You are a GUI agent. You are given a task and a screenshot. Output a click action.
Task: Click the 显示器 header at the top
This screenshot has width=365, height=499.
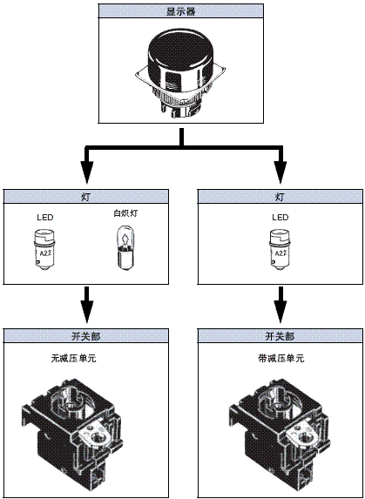pos(182,12)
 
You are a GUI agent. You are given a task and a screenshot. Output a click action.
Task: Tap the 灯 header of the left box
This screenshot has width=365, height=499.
pos(84,196)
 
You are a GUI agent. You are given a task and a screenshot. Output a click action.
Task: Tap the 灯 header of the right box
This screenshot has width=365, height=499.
pos(280,196)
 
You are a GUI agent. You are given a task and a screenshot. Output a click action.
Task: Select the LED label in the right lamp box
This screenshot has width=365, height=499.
pos(280,218)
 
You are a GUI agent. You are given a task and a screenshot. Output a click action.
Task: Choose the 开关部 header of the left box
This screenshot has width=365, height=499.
pos(84,335)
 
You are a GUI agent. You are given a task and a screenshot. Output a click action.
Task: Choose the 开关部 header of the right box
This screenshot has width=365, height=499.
pos(280,335)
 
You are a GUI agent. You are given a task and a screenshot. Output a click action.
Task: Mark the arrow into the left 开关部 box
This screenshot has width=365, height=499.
pos(84,308)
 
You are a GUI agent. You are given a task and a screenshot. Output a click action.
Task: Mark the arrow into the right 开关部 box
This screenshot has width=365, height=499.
pos(280,308)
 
